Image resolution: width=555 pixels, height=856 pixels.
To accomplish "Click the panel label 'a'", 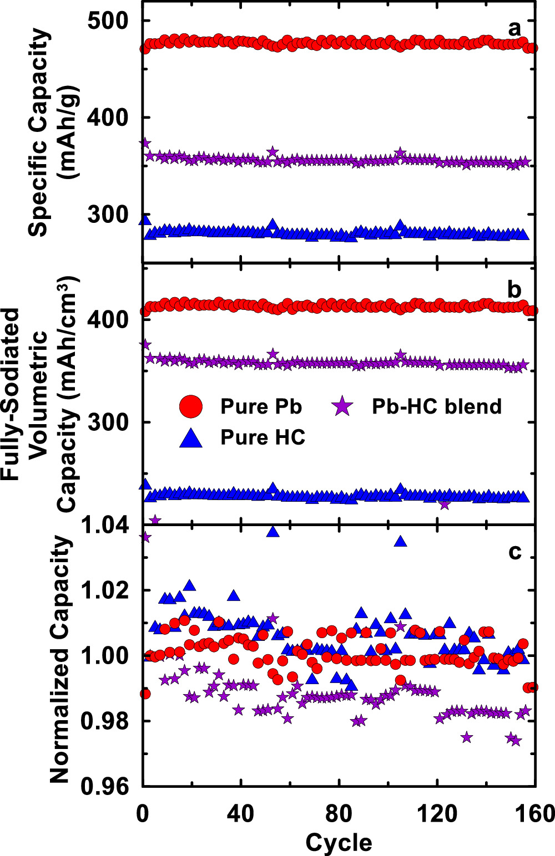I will (x=515, y=28).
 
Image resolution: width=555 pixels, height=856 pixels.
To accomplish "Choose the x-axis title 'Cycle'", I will (x=339, y=842).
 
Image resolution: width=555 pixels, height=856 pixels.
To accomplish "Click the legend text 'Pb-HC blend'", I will (x=436, y=406).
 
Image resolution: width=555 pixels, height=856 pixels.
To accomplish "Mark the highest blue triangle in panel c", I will (x=273, y=531).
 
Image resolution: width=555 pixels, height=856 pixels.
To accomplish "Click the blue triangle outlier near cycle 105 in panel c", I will (x=401, y=541).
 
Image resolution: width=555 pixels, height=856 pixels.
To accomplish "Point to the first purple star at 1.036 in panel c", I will (x=145, y=537).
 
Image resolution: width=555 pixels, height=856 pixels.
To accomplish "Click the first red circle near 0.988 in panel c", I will (x=145, y=694).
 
